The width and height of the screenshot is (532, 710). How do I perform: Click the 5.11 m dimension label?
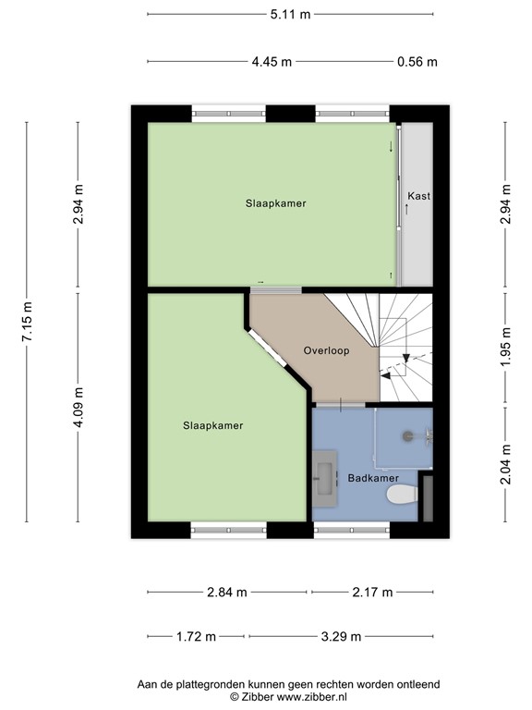pos(290,15)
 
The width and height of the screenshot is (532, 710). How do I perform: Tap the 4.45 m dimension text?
pos(272,62)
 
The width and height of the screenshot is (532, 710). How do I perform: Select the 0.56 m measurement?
pos(417,62)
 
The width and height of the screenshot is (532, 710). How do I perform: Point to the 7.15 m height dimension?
pos(27,322)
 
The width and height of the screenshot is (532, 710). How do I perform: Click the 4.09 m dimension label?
pos(79,407)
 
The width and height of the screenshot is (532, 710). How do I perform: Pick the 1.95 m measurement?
pos(506,348)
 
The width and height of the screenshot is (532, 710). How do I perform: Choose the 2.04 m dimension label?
pos(506,464)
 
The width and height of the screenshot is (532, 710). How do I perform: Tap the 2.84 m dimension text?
pos(227,592)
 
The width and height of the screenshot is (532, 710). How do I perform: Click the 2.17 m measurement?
pos(373,592)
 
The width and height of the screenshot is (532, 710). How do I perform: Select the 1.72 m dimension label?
pos(196,637)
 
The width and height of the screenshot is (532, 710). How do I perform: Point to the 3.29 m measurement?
pos(341,637)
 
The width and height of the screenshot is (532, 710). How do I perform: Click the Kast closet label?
pos(419,196)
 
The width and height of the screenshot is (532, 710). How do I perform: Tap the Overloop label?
pos(326,351)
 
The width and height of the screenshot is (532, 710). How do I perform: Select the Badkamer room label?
pos(373,478)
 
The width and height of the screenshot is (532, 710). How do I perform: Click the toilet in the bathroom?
pos(402,494)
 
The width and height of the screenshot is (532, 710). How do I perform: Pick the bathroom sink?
pos(324,479)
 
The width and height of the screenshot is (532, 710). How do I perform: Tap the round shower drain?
pos(407,436)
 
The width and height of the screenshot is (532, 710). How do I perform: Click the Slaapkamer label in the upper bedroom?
pos(276,203)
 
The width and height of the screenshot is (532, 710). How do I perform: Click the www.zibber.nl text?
pos(312,697)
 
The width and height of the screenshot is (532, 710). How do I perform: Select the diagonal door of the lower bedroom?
pos(267,348)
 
